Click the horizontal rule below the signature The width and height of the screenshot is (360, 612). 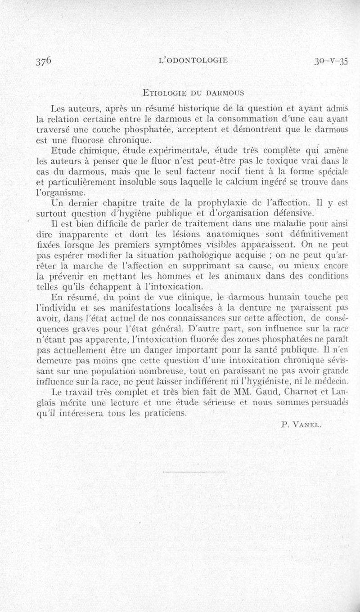[193, 471]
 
